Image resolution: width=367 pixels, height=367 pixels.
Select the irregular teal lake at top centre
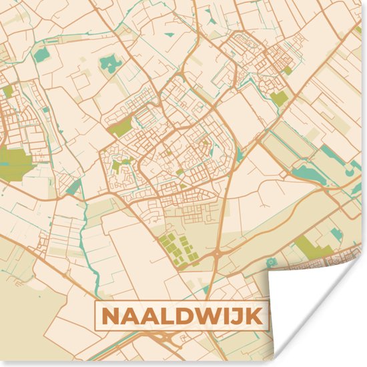click(x=108, y=64)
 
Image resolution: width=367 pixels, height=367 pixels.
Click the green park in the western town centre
click(x=121, y=127)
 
